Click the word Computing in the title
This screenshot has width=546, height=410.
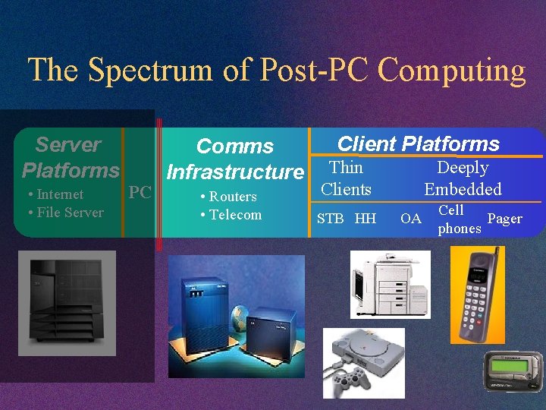(x=451, y=71)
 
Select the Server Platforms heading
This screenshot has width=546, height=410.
(x=70, y=156)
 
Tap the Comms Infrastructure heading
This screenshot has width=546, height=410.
(x=235, y=159)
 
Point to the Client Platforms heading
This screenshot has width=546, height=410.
(x=418, y=143)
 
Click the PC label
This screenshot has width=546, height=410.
(x=140, y=192)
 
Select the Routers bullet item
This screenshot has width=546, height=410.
(x=228, y=197)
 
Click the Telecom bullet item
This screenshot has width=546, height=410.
(x=231, y=215)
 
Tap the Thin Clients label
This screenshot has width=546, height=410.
(x=346, y=178)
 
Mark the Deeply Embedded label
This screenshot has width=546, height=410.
(x=463, y=178)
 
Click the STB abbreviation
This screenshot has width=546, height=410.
(x=330, y=219)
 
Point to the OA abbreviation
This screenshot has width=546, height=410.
(x=410, y=219)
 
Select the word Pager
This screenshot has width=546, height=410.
(x=504, y=219)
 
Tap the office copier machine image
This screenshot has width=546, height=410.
(x=390, y=283)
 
